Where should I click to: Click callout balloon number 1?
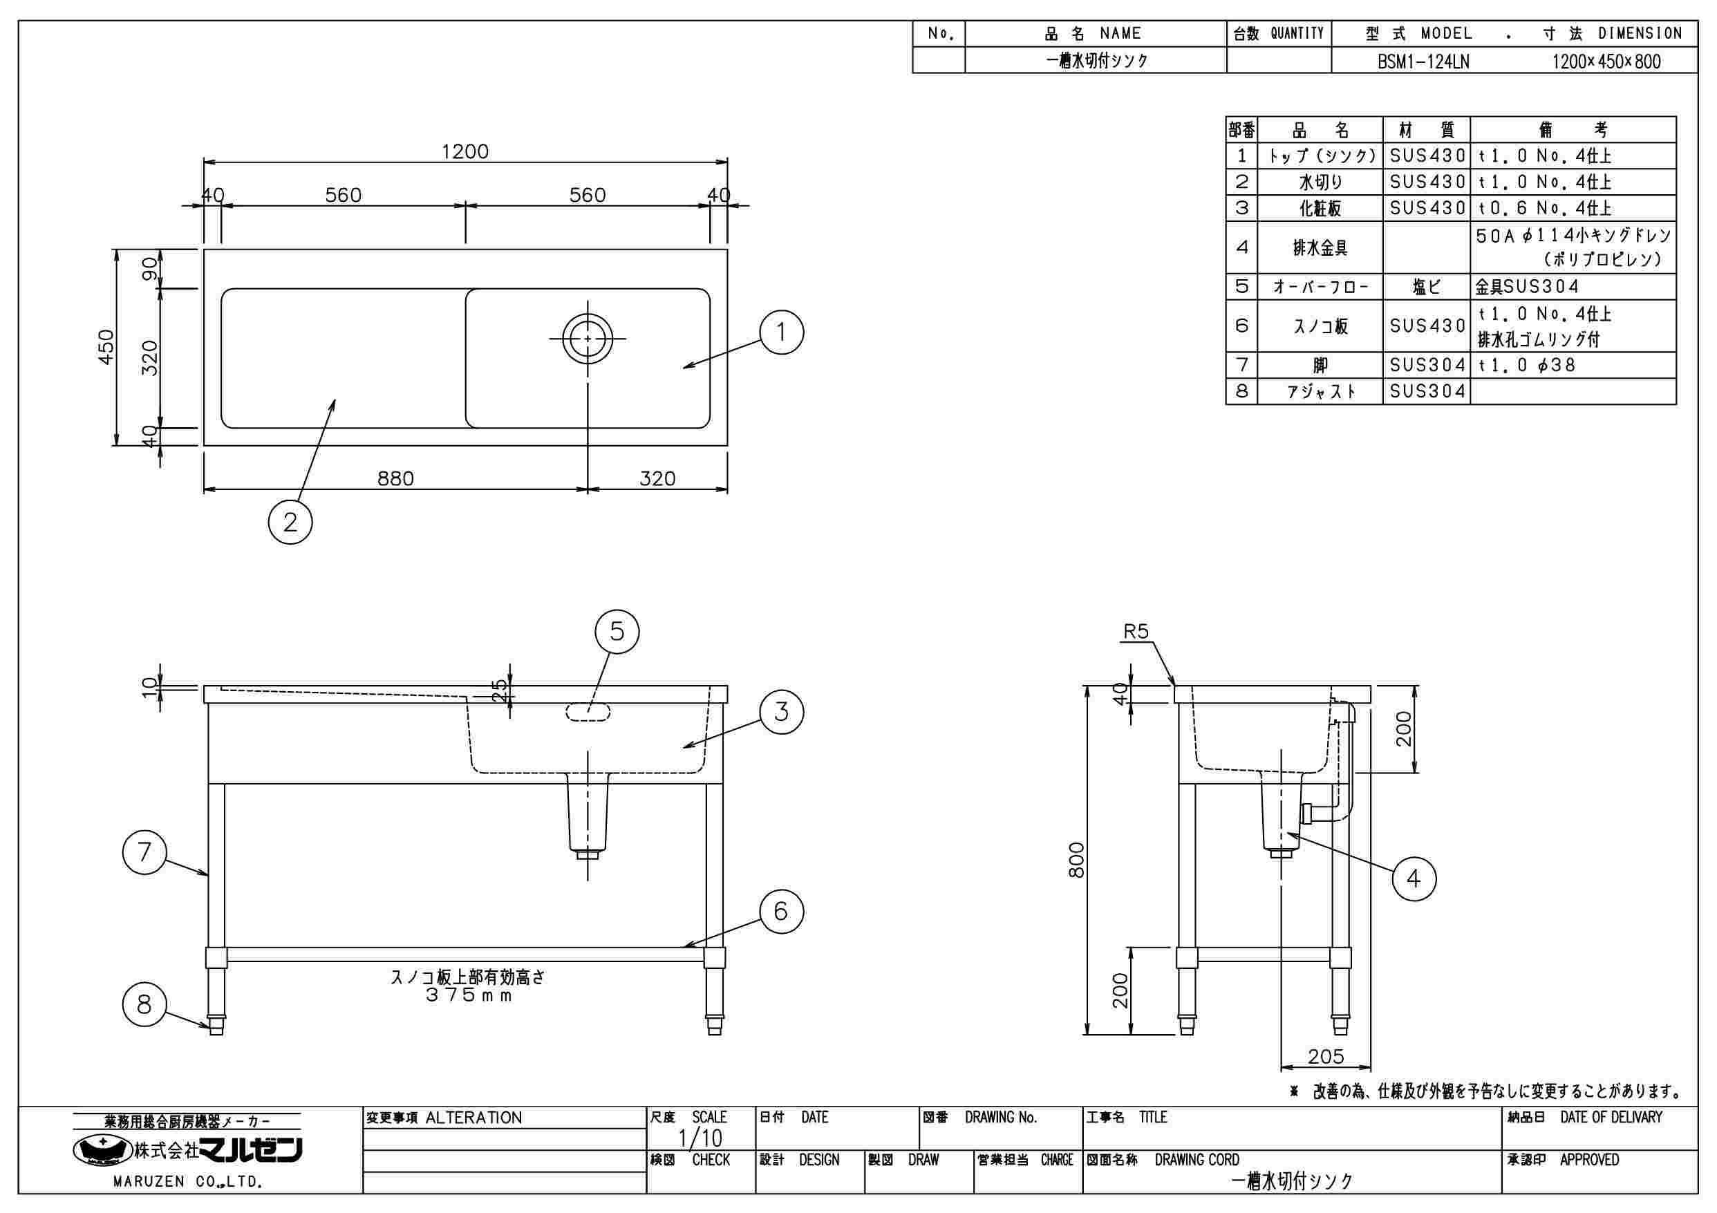click(x=782, y=332)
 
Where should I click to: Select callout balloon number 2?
click(x=290, y=522)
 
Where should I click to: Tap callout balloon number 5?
click(x=617, y=632)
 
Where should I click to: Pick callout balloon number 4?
click(x=1414, y=878)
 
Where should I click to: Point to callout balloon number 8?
click(x=144, y=1005)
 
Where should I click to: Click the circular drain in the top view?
click(x=588, y=338)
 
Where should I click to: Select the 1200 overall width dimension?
click(x=465, y=152)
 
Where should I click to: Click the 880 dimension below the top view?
click(x=395, y=478)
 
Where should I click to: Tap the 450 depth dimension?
click(x=106, y=347)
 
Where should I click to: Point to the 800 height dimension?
click(x=1076, y=860)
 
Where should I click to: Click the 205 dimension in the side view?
click(x=1326, y=1056)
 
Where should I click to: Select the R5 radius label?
click(x=1135, y=632)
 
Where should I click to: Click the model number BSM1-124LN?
click(x=1423, y=62)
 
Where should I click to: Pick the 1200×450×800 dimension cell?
click(x=1606, y=62)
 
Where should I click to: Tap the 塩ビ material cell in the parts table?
click(x=1426, y=287)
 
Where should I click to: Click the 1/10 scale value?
click(x=700, y=1138)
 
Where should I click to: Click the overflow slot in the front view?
click(x=588, y=712)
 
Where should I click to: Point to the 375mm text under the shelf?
click(x=469, y=995)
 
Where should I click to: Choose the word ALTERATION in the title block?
click(x=473, y=1118)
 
